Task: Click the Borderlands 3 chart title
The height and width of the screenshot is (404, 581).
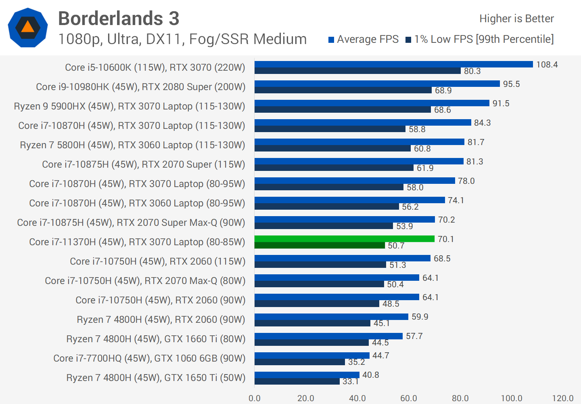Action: pos(119,19)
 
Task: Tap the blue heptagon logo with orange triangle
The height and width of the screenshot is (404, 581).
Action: pos(28,27)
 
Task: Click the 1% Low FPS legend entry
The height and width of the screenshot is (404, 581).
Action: pos(480,39)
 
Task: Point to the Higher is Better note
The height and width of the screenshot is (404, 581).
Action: pos(516,19)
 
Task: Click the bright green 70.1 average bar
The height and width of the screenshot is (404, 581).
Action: pos(344,239)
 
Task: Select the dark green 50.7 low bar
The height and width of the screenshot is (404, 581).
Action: pos(320,245)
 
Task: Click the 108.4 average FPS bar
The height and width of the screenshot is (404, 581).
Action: pos(393,64)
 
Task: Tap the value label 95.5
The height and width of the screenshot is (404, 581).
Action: pos(511,84)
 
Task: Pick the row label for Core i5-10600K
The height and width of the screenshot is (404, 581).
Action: pos(155,67)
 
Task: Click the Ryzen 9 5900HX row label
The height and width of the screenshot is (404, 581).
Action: pos(130,106)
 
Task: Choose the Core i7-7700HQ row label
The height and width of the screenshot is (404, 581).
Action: pos(149,358)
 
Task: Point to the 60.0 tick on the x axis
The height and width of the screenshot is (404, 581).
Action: pos(408,398)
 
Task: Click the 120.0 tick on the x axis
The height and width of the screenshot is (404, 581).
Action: pos(562,398)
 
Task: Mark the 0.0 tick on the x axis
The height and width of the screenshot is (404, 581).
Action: pos(255,398)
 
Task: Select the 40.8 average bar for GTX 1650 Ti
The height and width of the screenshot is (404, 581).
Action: pos(307,375)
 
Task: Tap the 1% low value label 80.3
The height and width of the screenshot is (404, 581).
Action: pos(472,71)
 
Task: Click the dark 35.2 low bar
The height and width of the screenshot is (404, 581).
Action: pos(299,362)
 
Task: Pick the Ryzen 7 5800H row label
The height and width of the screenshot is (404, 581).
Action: pos(132,145)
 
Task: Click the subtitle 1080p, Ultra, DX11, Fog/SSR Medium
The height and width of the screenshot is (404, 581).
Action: pos(182,39)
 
